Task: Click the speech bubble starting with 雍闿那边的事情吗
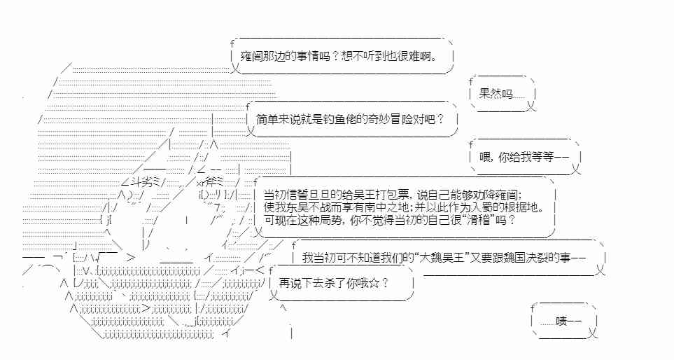(342, 56)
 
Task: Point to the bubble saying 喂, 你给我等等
(524, 157)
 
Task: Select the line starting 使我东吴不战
(402, 207)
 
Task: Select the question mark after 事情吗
(334, 56)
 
